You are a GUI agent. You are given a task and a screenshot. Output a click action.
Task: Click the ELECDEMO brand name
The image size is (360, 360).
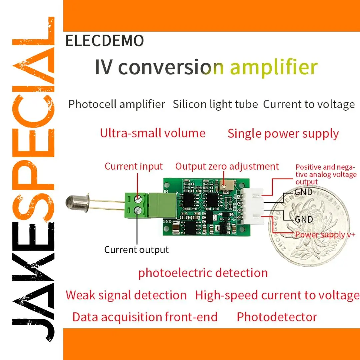pyautogui.click(x=104, y=41)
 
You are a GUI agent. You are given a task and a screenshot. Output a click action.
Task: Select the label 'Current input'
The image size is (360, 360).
pyautogui.click(x=134, y=166)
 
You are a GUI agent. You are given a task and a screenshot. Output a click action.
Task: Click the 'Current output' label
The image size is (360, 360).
pyautogui.click(x=136, y=250)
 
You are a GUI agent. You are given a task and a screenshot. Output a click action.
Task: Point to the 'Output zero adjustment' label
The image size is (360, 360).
pyautogui.click(x=227, y=166)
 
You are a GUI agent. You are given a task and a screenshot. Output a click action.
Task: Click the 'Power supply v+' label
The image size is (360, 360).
pyautogui.click(x=325, y=235)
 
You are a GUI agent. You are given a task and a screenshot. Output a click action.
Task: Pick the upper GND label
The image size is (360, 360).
pyautogui.click(x=303, y=192)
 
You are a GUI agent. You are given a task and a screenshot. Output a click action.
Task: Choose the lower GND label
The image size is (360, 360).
pyautogui.click(x=304, y=219)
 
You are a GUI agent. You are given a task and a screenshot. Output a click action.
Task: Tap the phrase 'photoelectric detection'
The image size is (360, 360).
pyautogui.click(x=203, y=273)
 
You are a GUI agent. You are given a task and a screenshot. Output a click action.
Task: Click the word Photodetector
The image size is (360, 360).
pyautogui.click(x=277, y=317)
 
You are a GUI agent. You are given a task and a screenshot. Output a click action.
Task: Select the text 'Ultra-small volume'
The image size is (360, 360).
pyautogui.click(x=153, y=133)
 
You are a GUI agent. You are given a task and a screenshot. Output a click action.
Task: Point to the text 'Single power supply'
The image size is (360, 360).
pyautogui.click(x=283, y=134)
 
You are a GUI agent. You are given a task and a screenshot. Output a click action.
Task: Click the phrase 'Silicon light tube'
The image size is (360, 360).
pyautogui.click(x=215, y=104)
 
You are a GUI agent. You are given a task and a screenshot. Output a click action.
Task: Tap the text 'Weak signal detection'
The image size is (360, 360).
pyautogui.click(x=126, y=295)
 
